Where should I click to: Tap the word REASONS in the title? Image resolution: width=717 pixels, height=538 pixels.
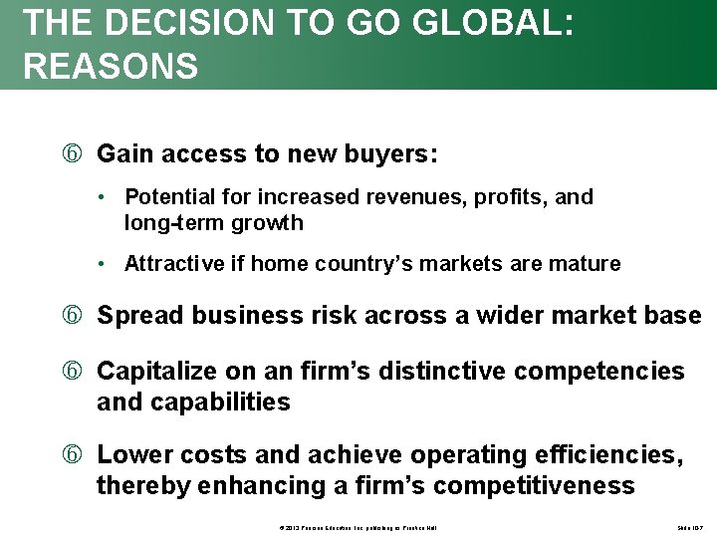tap(111, 67)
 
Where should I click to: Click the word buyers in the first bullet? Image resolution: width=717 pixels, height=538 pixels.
tap(389, 153)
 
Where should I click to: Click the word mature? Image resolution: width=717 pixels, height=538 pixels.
tap(585, 264)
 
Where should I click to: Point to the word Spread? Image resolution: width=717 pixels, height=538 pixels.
tap(139, 316)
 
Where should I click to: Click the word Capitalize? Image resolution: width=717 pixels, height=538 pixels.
tap(155, 372)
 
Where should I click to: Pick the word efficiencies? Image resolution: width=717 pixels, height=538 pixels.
tap(606, 455)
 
